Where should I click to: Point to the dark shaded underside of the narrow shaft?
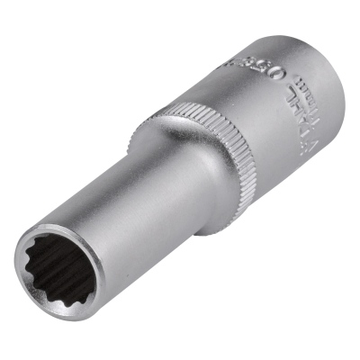[x=144, y=261]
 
